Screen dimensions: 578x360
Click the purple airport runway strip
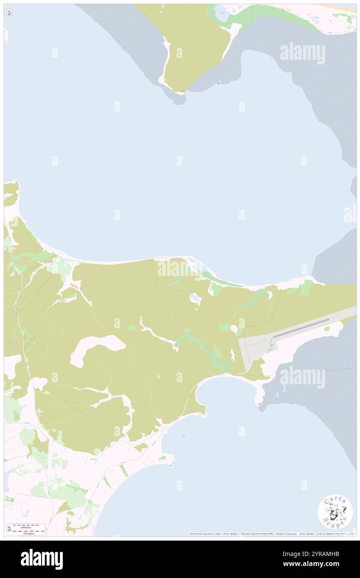[301, 328]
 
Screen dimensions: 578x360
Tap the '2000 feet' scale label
[29, 526]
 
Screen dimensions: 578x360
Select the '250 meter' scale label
[29, 533]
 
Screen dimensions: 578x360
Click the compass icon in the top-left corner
[9, 12]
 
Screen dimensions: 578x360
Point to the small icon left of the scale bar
[9, 529]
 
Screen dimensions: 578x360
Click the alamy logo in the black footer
[42, 559]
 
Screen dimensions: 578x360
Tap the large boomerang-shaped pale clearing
[98, 348]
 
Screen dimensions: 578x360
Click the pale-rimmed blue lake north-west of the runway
[195, 298]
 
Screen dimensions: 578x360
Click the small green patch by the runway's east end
[327, 329]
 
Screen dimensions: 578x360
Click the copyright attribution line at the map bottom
[270, 534]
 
